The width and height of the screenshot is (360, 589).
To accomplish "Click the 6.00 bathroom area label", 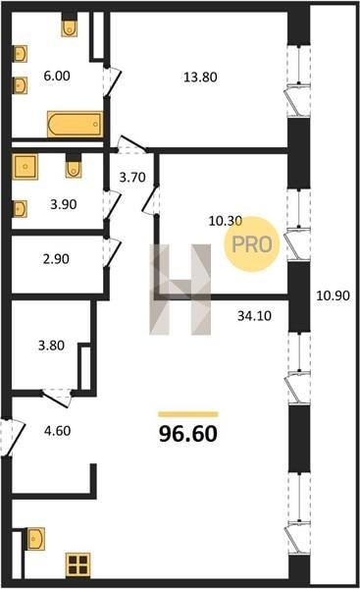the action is point(57,76).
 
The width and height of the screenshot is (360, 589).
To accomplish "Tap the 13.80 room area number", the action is point(200,77).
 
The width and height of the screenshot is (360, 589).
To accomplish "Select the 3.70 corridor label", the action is point(132,177).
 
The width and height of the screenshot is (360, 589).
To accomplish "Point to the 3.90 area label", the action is point(64,204).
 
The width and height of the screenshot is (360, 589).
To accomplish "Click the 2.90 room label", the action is point(56,259).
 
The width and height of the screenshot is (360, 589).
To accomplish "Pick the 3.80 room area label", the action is point(51,346).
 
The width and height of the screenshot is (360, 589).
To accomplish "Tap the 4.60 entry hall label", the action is point(58,431).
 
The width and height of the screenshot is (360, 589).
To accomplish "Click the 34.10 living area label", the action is point(254,316).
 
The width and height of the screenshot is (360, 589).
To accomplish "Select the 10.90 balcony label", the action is point(333,295).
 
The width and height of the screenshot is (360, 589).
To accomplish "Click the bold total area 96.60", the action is point(188,434).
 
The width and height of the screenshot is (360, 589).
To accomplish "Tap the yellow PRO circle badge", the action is point(252,244).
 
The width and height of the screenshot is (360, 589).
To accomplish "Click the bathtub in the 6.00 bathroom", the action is point(76,125).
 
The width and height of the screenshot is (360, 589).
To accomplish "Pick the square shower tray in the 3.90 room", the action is point(25,166).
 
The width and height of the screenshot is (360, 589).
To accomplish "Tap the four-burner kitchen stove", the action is point(78,565).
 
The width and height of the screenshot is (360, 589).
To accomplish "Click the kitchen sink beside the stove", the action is point(35,539).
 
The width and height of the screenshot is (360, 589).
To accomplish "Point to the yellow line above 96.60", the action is point(188,414).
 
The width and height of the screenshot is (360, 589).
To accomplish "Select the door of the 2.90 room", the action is point(112,252).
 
